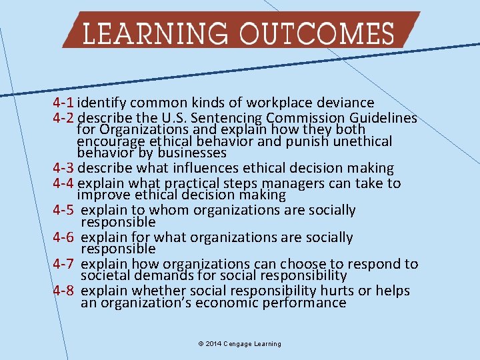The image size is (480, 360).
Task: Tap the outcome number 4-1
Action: [x=63, y=103]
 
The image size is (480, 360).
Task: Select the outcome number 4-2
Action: [x=63, y=119]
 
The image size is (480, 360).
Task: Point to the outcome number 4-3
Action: [x=63, y=168]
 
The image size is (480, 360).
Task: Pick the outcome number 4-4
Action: [x=63, y=183]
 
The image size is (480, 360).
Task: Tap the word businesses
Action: [x=193, y=153]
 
